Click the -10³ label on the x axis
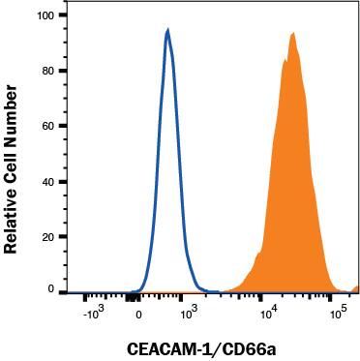(x=92, y=315)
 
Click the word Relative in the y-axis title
(x=14, y=213)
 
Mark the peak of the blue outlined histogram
(x=167, y=30)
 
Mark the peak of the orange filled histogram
(x=292, y=33)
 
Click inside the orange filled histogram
(x=290, y=194)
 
